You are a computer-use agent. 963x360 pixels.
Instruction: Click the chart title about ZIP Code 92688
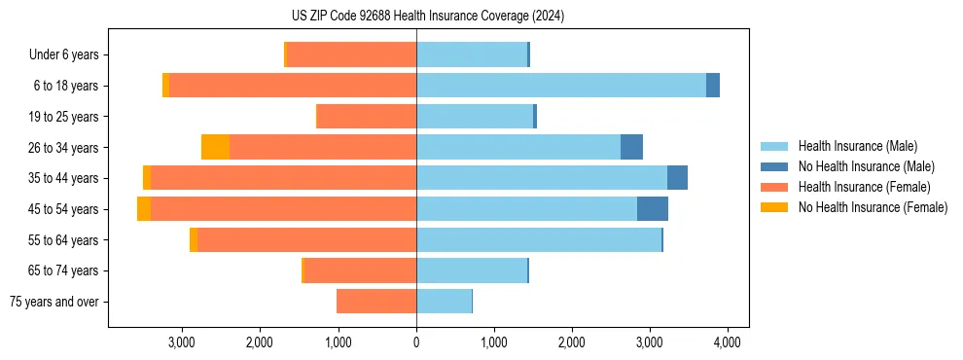coord(428,16)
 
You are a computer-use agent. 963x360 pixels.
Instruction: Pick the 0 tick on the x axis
coord(416,342)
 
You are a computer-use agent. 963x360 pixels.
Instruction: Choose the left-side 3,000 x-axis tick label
coord(182,342)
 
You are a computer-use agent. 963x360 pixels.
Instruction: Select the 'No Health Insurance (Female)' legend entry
coord(873,207)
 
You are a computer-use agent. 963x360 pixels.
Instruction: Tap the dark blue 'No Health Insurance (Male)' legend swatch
coord(775,166)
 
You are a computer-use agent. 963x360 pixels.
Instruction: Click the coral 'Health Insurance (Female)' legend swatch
coord(775,187)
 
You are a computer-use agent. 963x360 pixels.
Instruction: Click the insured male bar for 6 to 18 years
coord(561,86)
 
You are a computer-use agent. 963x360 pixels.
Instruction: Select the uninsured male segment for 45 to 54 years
coord(653,209)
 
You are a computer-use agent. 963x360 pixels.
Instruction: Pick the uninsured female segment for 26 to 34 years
coord(215,147)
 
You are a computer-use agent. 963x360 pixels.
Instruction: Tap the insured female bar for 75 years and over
coord(376,302)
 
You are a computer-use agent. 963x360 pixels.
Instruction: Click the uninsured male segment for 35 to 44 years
coord(677,178)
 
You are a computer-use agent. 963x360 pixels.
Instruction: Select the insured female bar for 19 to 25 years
coord(367,117)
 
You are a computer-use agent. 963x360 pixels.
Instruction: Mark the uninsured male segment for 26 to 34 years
coord(631,147)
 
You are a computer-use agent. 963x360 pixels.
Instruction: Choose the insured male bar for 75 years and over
coord(444,302)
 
